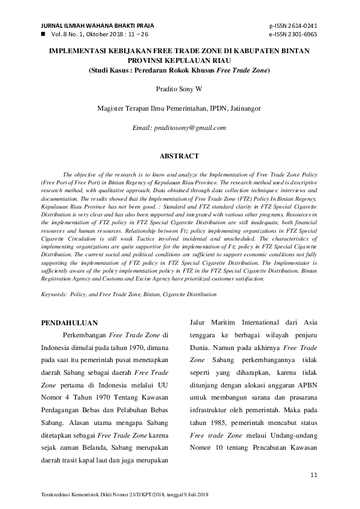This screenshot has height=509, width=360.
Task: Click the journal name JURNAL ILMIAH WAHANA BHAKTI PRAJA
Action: pyautogui.click(x=97, y=26)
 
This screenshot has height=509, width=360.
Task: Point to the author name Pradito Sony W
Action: pyautogui.click(x=180, y=89)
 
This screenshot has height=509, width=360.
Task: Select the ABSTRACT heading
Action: pyautogui.click(x=180, y=156)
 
